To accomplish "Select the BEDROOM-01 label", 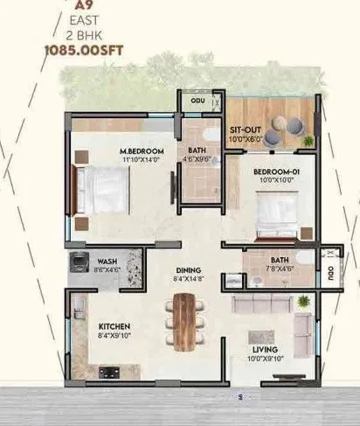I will (x=276, y=172).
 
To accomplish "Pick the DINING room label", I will (x=187, y=270).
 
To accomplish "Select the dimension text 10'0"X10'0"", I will (x=276, y=183).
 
